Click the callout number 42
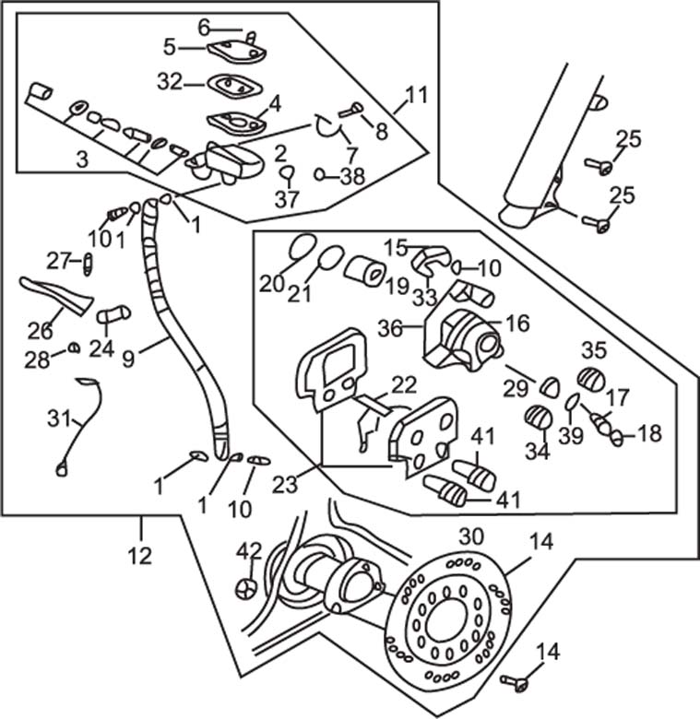(249, 550)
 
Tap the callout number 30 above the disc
(471, 536)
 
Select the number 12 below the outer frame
(140, 555)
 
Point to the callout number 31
(59, 418)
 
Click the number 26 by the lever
(42, 328)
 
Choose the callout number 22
(403, 384)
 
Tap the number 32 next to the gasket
(170, 82)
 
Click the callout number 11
(417, 94)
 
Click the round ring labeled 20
(302, 247)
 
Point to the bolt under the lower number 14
(515, 682)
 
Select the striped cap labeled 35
(590, 379)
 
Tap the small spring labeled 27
(89, 265)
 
